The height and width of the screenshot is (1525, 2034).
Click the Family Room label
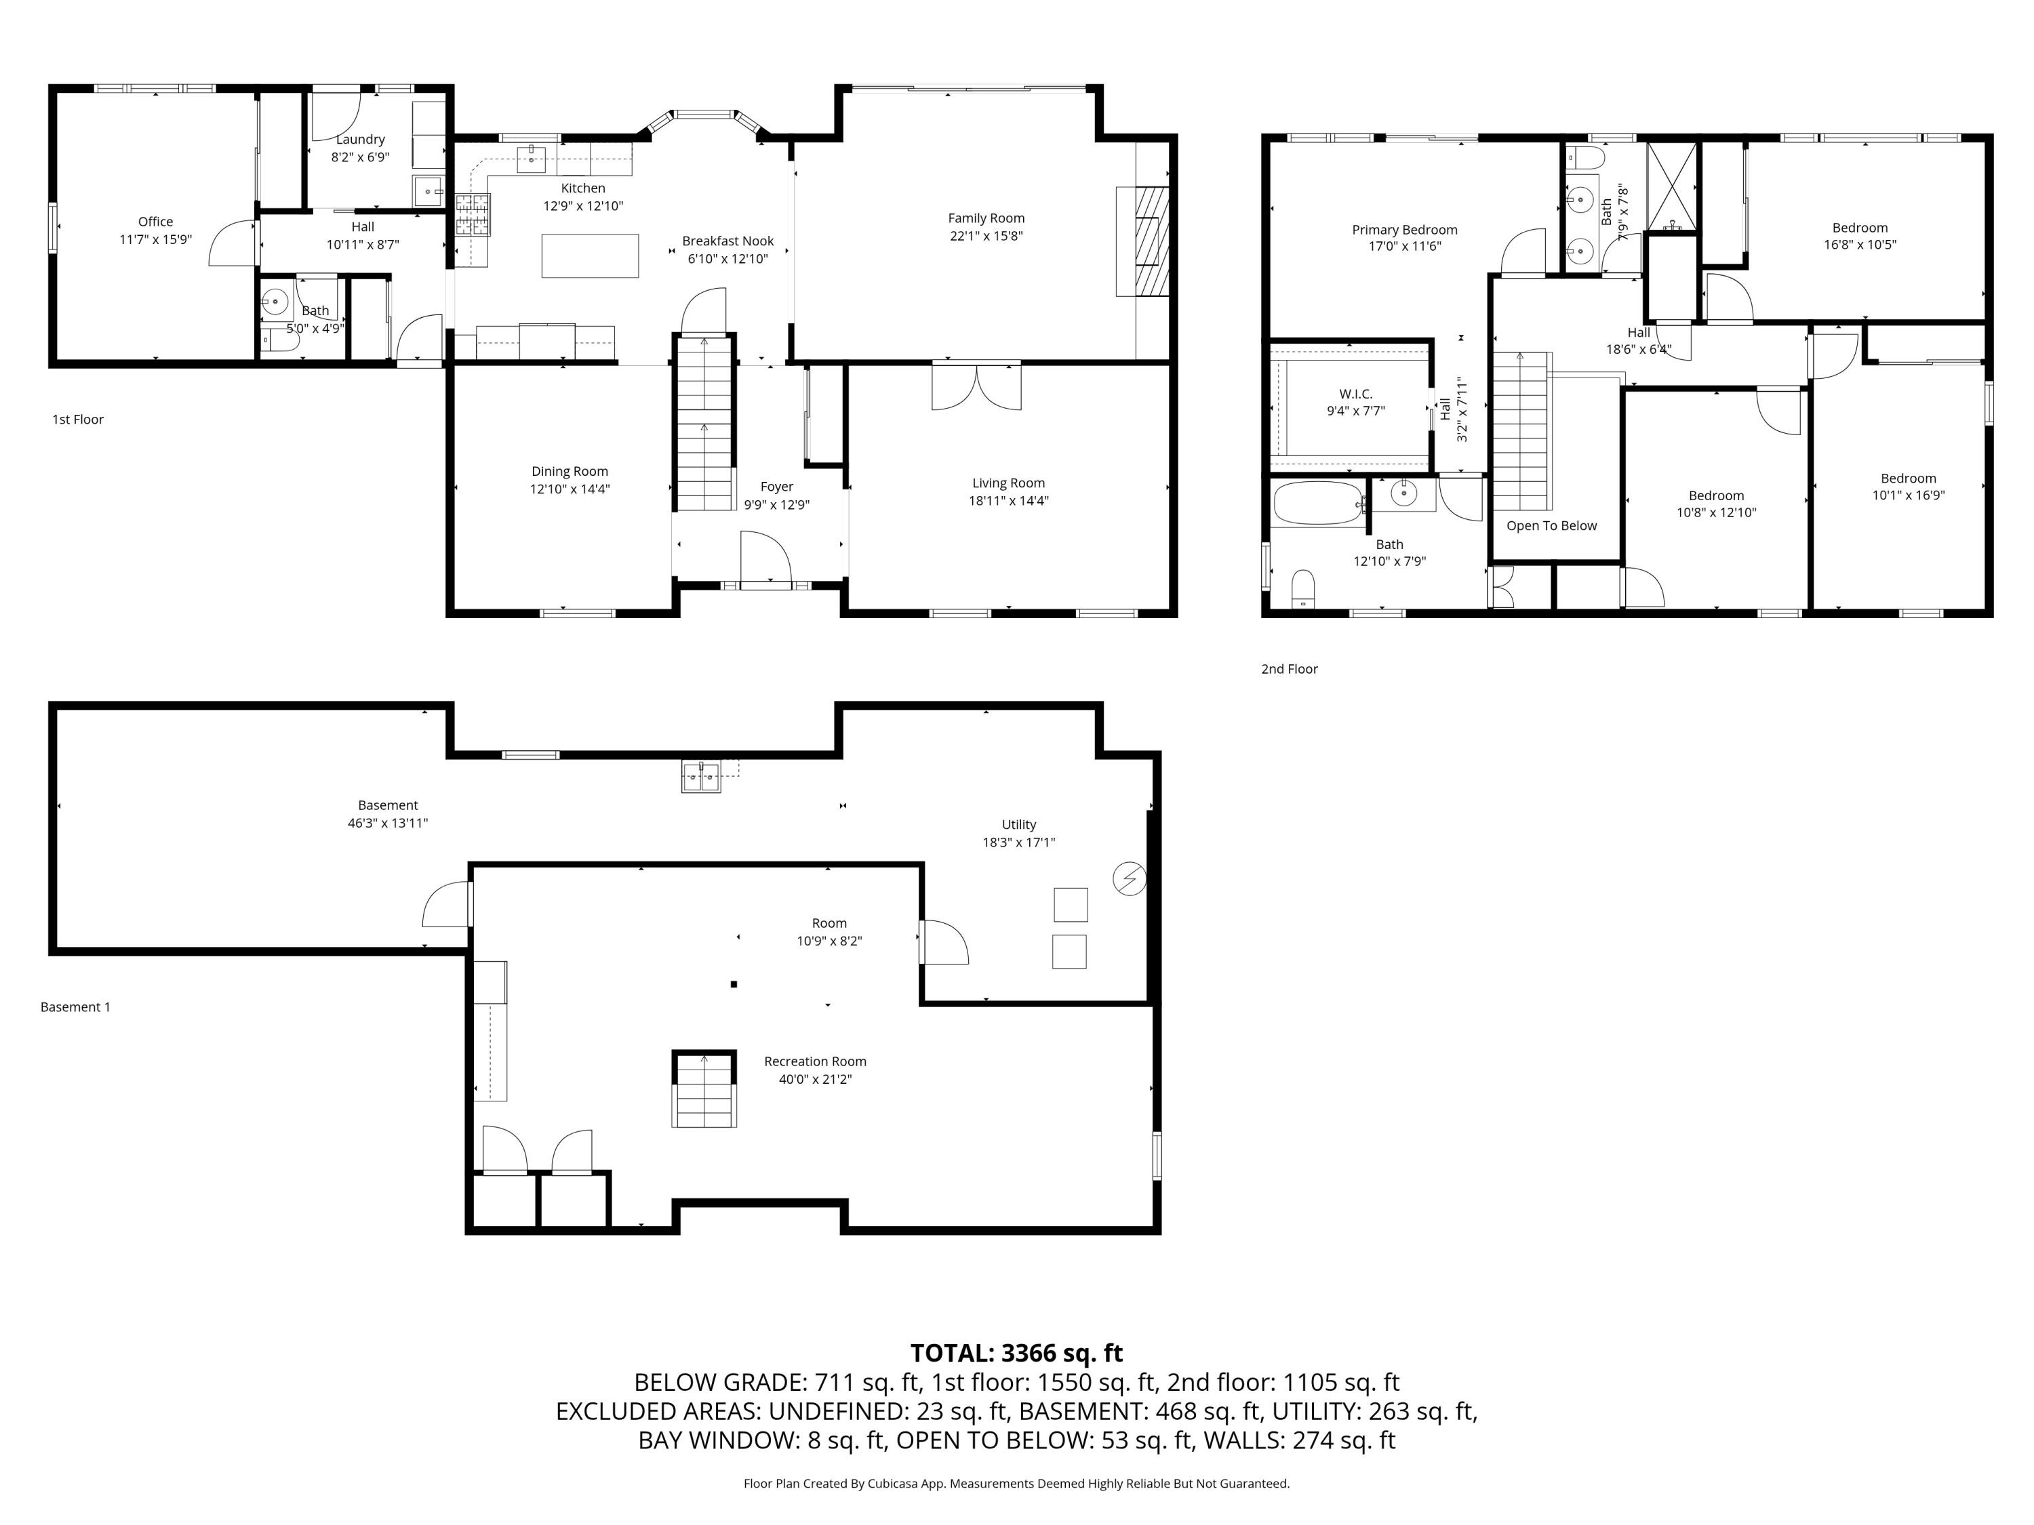[x=986, y=218]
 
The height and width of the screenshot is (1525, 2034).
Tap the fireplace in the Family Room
[x=1144, y=241]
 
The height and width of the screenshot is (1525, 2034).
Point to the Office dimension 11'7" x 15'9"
[x=155, y=239]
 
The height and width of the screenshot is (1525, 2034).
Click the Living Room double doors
[x=976, y=386]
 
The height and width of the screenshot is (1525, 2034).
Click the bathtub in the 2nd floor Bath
[x=1317, y=504]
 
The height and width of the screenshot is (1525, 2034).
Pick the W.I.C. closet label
[x=1355, y=393]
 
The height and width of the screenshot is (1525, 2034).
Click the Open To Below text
[x=1551, y=526]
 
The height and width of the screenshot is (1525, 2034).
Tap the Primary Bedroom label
[x=1404, y=230]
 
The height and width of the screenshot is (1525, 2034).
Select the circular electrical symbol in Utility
[x=1128, y=879]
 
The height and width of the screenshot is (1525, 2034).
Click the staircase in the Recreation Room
[x=704, y=1089]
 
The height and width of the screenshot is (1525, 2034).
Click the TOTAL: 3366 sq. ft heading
[x=1016, y=1353]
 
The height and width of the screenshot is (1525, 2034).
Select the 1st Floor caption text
[x=78, y=419]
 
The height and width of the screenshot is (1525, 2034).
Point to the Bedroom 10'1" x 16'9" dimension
[x=1908, y=495]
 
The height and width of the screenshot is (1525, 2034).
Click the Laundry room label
[x=359, y=140]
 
